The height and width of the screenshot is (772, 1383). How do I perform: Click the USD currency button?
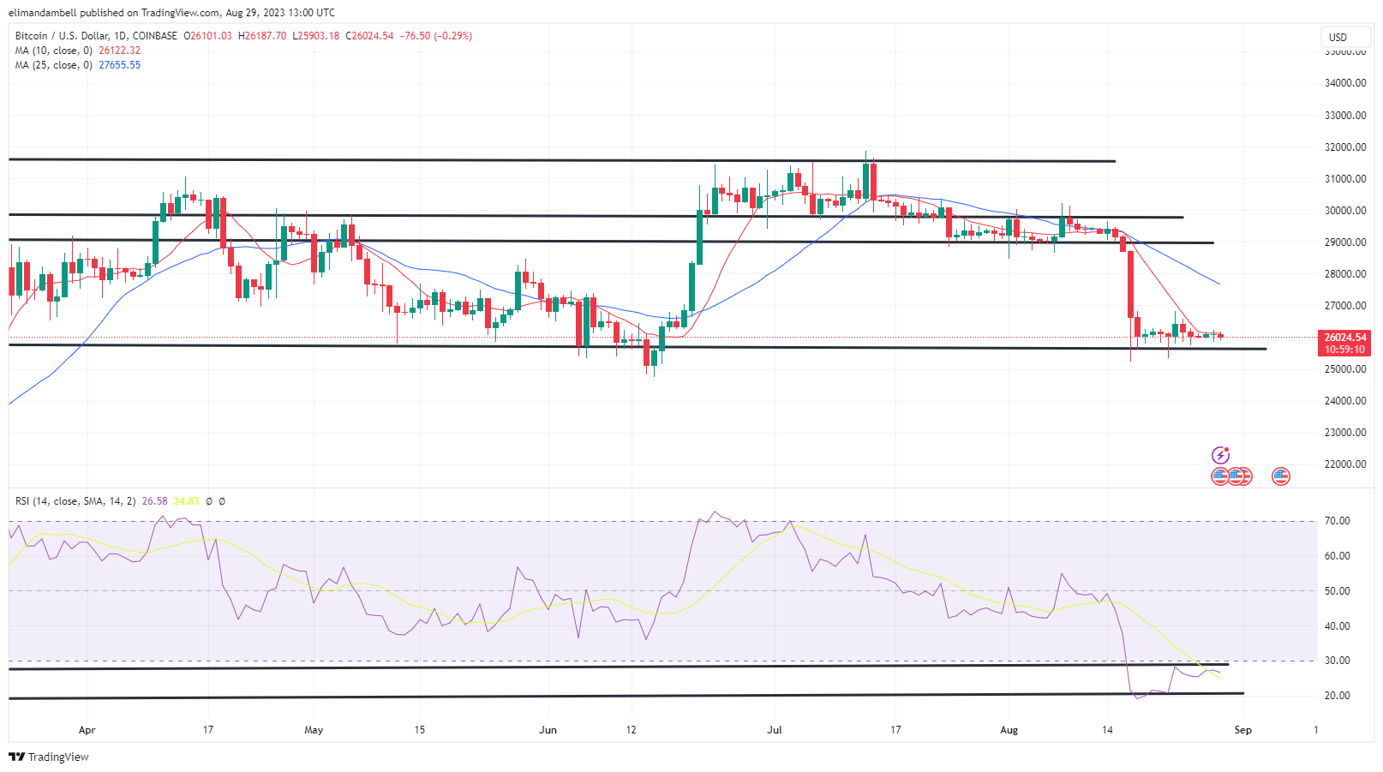pos(1338,37)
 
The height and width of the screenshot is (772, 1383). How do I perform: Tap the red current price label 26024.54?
pos(1344,338)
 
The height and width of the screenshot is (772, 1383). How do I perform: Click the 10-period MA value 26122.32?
pos(119,51)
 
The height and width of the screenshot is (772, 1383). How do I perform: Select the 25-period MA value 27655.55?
pos(119,65)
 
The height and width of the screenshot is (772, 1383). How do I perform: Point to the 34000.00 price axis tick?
pos(1344,83)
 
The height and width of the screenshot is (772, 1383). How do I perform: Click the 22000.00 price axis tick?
pos(1344,464)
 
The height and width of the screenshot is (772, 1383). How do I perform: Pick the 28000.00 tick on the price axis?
pos(1344,274)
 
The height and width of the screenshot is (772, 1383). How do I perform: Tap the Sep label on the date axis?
pos(1242,730)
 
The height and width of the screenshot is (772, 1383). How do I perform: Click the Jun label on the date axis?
pos(548,730)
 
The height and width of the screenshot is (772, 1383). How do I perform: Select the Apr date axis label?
pos(87,730)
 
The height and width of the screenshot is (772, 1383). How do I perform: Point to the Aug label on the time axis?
pos(1009,730)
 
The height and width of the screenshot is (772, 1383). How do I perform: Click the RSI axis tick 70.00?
pos(1337,521)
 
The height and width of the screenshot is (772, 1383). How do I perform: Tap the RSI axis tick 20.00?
pos(1337,696)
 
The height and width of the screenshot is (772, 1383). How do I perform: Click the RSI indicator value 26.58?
pos(154,501)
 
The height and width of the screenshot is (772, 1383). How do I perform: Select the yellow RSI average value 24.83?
pos(186,501)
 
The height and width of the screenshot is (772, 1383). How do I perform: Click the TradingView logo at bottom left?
pos(49,757)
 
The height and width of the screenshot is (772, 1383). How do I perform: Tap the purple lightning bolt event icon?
pos(1220,455)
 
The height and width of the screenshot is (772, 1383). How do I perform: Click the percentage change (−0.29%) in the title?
pos(453,36)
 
